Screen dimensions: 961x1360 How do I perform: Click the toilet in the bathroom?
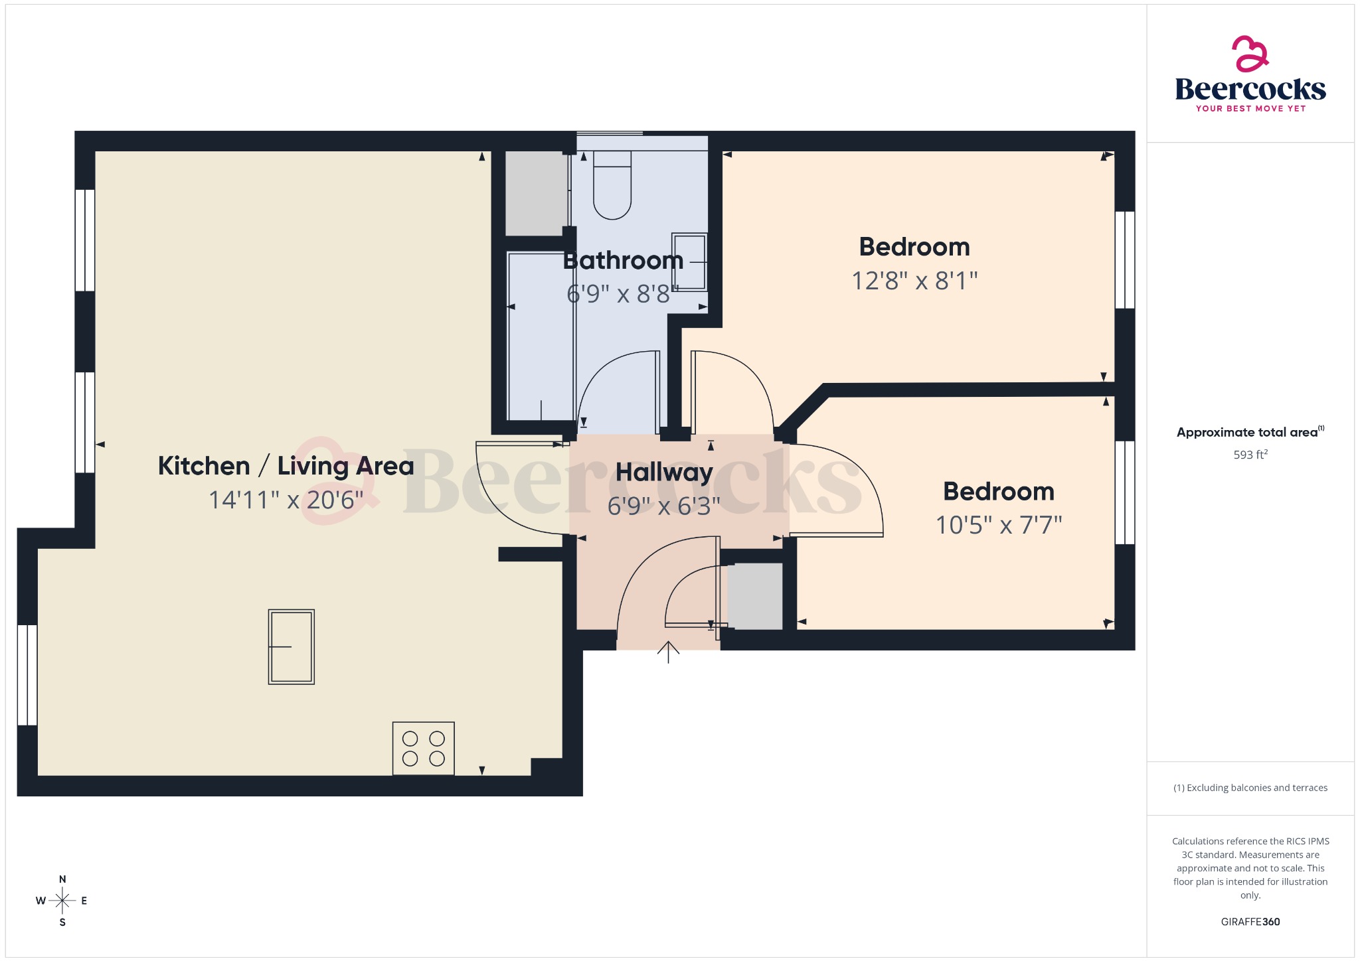click(x=612, y=186)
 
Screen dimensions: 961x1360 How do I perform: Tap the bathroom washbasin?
click(x=689, y=262)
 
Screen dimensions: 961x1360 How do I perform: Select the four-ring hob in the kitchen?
click(x=423, y=748)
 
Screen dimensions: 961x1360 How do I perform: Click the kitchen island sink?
click(x=291, y=646)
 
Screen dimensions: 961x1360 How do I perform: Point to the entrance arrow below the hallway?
click(x=668, y=652)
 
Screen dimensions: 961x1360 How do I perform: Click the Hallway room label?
click(x=664, y=473)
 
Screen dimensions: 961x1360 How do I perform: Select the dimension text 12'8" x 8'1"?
click(x=914, y=281)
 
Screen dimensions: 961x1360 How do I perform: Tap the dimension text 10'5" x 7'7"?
click(x=999, y=525)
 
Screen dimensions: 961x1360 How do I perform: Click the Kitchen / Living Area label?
click(x=286, y=466)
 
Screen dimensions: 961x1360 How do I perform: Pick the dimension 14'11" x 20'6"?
click(x=286, y=500)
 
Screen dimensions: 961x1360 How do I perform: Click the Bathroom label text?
click(x=623, y=260)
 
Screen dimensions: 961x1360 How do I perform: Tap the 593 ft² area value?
click(x=1250, y=455)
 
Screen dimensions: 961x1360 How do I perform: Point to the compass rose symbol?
click(x=62, y=901)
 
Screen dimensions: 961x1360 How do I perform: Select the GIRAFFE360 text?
click(x=1250, y=921)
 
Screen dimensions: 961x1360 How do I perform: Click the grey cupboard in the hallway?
click(x=755, y=596)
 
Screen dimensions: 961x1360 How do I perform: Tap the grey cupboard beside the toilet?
click(x=537, y=192)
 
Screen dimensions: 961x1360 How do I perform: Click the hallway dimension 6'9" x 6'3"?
click(x=664, y=506)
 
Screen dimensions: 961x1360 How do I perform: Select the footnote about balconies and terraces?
click(x=1250, y=788)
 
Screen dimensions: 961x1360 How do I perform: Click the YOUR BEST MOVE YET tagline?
click(x=1250, y=108)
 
